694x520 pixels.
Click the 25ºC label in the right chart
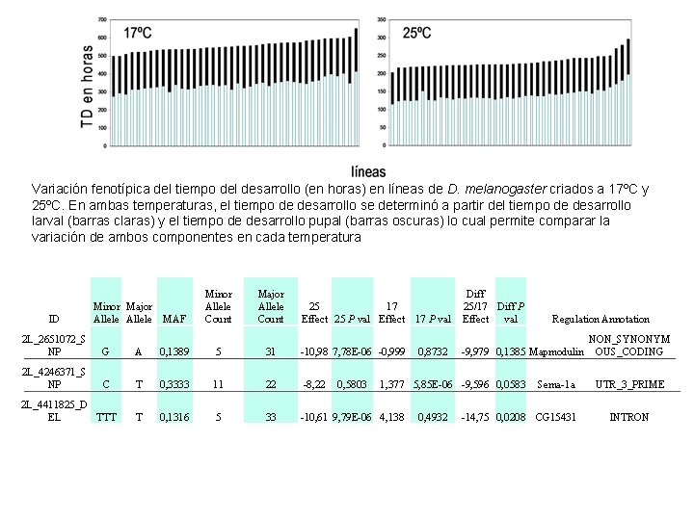point(415,33)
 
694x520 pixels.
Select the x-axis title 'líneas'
point(368,170)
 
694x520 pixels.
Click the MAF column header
point(173,319)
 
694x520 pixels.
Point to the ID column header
point(54,319)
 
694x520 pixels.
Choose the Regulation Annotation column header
point(601,319)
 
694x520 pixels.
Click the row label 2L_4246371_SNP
point(54,377)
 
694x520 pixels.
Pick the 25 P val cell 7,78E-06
point(352,351)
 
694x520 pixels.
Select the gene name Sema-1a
point(557,384)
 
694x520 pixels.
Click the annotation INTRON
point(629,417)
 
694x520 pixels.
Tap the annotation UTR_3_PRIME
point(629,384)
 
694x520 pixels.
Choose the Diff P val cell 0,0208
point(511,417)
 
